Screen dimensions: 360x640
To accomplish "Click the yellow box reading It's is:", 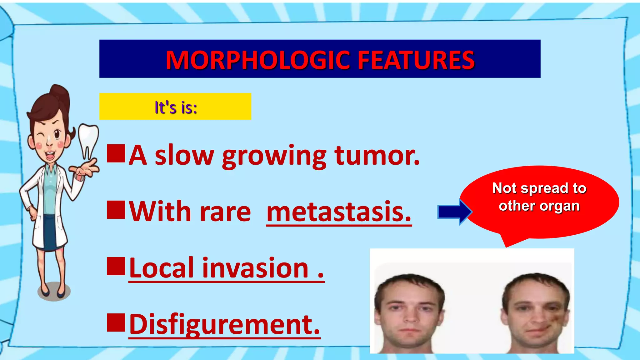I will pos(175,107).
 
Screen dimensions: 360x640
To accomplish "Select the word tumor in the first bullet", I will pos(377,155).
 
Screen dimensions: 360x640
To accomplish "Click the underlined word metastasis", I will pos(339,212).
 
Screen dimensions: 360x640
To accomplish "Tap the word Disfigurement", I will pos(225,324).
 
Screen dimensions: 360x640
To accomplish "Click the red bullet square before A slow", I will pos(116,153).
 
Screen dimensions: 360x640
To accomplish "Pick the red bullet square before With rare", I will pos(116,210).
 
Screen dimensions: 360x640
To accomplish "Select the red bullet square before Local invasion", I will pos(116,266).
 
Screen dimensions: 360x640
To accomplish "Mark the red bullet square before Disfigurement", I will pos(116,322).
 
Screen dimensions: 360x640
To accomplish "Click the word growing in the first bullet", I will pos(274,155).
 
